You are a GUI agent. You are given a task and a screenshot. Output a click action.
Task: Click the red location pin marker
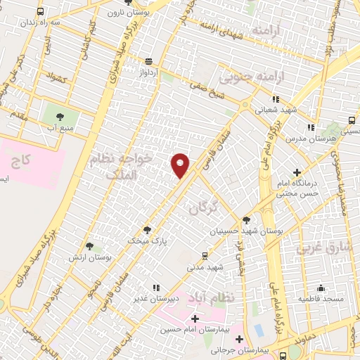pyautogui.click(x=181, y=165)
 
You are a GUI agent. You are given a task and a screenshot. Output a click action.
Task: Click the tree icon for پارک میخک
pyautogui.click(x=147, y=229)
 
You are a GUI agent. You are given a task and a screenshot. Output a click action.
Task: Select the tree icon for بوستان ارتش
pyautogui.click(x=89, y=246)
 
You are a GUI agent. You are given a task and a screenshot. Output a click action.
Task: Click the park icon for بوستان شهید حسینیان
pyautogui.click(x=246, y=220)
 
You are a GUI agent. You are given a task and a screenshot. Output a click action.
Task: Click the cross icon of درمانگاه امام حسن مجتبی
pyautogui.click(x=297, y=172)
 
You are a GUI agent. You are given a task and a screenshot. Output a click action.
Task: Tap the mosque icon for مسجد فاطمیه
pyautogui.click(x=321, y=288)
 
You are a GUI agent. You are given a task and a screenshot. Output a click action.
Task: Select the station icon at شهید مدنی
pyautogui.click(x=205, y=256)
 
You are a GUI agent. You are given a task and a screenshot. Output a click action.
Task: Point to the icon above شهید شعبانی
pyautogui.click(x=276, y=99)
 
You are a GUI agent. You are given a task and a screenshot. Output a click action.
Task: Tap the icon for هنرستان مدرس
pyautogui.click(x=310, y=127)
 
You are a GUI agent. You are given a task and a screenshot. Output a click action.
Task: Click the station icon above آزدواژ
pyautogui.click(x=148, y=61)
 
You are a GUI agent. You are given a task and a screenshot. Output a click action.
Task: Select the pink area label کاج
pyautogui.click(x=20, y=161)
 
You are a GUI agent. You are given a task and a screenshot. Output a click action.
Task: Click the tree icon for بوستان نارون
pyautogui.click(x=127, y=3)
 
